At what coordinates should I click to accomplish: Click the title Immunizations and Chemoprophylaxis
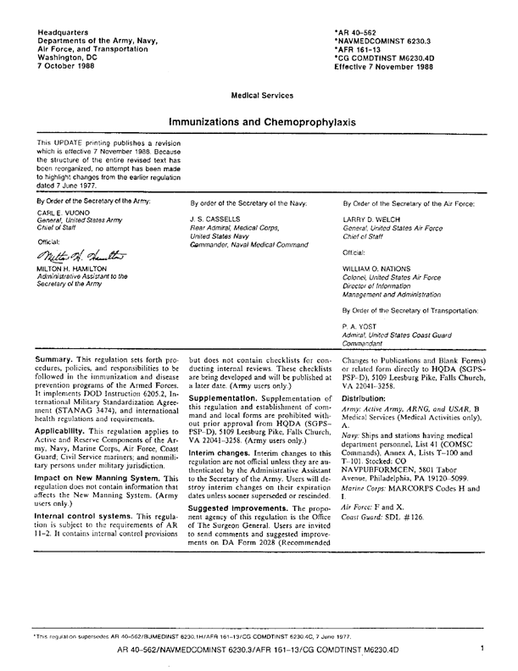point(258,123)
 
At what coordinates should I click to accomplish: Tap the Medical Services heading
point(258,96)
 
